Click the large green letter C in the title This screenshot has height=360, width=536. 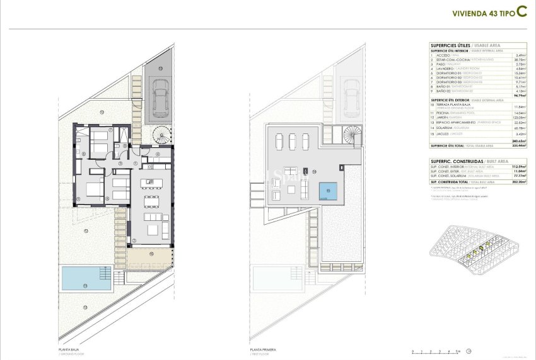(x=522, y=11)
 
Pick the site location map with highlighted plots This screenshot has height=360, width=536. (x=479, y=252)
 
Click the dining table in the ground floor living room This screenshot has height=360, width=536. (x=151, y=201)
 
